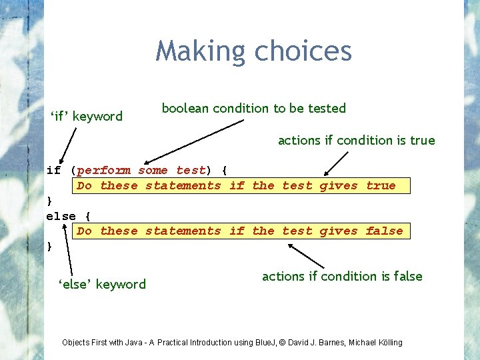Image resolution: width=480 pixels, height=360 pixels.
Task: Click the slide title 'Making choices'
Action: click(253, 51)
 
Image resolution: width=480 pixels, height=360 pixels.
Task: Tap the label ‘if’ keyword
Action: click(87, 117)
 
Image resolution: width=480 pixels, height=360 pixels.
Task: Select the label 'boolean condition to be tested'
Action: click(254, 108)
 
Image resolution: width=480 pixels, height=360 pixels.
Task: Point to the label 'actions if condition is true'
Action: click(356, 140)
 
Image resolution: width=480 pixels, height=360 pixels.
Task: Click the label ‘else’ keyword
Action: click(102, 285)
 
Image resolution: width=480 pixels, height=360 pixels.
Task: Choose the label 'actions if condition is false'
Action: click(342, 276)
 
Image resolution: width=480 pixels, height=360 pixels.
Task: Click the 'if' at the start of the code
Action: click(53, 170)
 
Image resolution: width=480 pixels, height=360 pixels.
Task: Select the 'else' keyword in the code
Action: click(61, 216)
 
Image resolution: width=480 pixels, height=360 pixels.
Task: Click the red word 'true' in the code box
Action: click(381, 185)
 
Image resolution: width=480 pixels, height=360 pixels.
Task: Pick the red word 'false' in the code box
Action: click(384, 231)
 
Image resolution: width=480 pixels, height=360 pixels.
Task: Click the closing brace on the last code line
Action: click(49, 246)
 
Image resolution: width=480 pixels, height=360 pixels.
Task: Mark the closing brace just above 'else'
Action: click(49, 201)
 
